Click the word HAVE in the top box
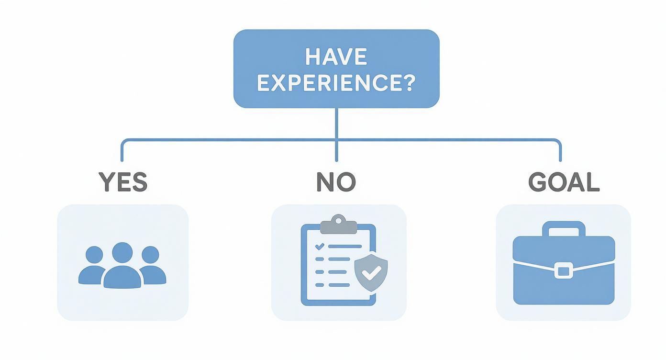click(x=336, y=56)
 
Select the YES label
click(x=123, y=182)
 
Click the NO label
click(x=336, y=182)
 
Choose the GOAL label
click(x=564, y=182)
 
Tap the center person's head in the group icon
click(x=122, y=252)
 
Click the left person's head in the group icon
click(x=94, y=255)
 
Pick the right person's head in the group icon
click(x=150, y=255)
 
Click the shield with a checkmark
click(x=371, y=272)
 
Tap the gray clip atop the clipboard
click(x=338, y=225)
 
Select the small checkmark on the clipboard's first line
click(x=320, y=247)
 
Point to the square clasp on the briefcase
click(x=564, y=271)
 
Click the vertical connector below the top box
click(x=336, y=135)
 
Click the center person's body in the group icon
click(x=122, y=277)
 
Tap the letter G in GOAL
click(x=537, y=182)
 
